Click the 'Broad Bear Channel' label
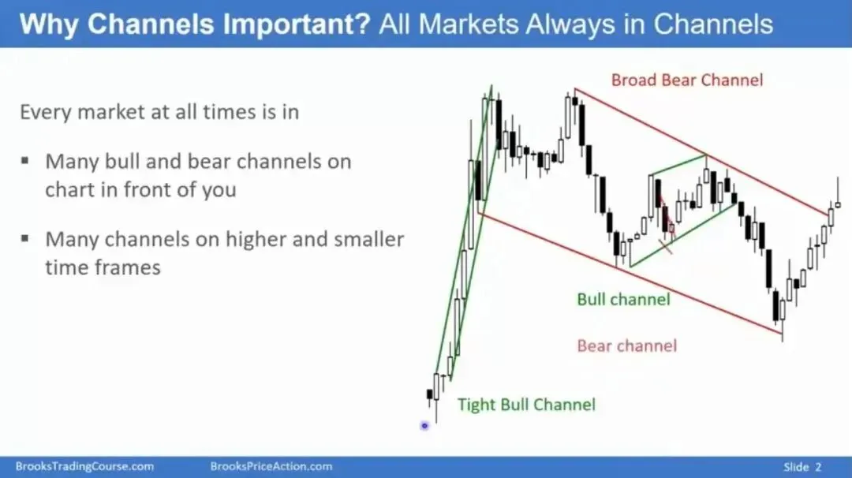coord(687,80)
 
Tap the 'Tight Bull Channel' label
coord(526,405)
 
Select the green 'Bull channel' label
coord(623,299)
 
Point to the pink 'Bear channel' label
coord(627,346)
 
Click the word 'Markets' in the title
coord(469,24)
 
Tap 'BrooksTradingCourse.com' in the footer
coord(84,467)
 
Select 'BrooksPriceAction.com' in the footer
coord(271,467)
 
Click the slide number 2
coord(818,467)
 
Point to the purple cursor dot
coord(424,426)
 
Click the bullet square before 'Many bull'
coord(25,161)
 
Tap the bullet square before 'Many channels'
coord(25,238)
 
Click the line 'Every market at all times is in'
coord(159,112)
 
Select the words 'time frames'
coord(103,267)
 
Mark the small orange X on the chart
coord(665,247)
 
